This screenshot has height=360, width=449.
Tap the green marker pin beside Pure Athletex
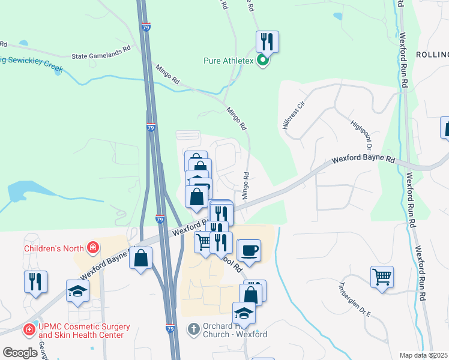pos(262,61)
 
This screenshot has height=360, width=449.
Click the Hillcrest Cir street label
pos(294,115)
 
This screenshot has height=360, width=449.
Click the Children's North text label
pos(53,247)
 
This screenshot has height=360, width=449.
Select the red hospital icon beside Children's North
pos(92,247)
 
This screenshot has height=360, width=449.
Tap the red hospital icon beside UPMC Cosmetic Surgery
pos(28,329)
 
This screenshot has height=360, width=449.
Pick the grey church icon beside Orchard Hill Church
pos(193,329)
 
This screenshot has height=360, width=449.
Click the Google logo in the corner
pos(20,353)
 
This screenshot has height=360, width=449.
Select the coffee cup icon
pos(250,249)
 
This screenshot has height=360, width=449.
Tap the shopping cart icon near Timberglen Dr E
pos(382,277)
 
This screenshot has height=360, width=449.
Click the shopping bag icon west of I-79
pos(140,258)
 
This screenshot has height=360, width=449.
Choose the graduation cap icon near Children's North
pos(77,290)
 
